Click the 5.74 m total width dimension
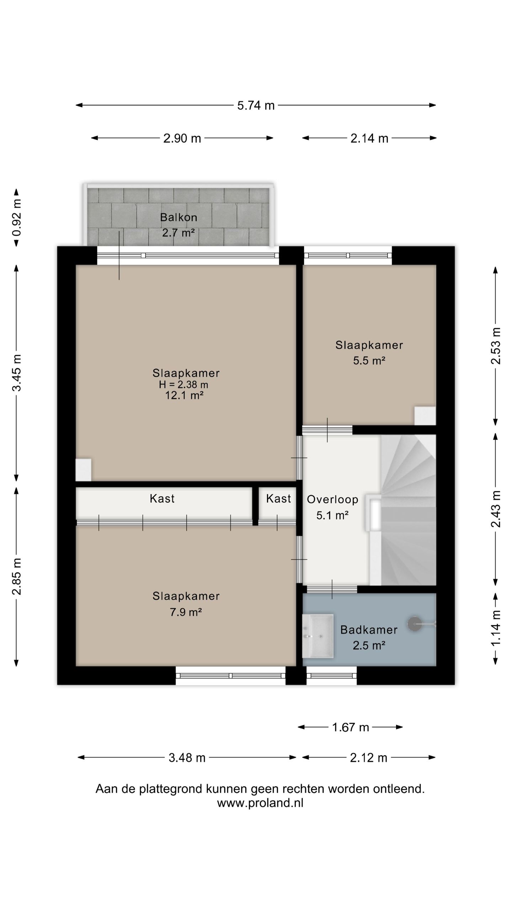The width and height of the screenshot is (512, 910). (256, 106)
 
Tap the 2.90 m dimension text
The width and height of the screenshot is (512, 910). (182, 138)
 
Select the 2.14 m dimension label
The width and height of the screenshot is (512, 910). (369, 138)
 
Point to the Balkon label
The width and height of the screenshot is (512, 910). (178, 217)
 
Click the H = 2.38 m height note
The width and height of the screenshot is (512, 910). (183, 385)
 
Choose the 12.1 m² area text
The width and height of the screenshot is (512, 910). (184, 395)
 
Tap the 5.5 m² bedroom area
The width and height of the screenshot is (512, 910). (369, 361)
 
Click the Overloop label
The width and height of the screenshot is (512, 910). (332, 499)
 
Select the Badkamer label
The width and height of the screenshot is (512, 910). (369, 630)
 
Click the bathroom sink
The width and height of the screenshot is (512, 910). (318, 636)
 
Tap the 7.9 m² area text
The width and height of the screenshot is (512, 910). (186, 612)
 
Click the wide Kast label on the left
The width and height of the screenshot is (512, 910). (162, 498)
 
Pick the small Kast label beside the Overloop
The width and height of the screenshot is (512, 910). (278, 498)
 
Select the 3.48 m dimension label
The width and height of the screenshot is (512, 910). (187, 758)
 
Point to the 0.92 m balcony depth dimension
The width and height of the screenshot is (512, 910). (17, 217)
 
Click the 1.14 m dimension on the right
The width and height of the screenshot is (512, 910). (496, 628)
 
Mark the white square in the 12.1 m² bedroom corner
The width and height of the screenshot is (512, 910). (84, 470)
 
